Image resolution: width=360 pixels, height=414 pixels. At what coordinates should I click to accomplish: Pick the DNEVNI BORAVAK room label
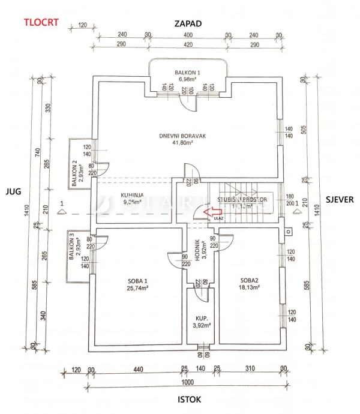tap(183, 136)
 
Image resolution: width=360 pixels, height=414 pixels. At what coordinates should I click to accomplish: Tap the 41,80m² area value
tap(183, 143)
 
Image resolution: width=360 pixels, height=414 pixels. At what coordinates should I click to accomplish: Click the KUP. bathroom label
tap(200, 320)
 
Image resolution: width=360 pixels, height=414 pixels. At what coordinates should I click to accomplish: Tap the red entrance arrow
tap(211, 211)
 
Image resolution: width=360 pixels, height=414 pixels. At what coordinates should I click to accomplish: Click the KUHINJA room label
tap(131, 196)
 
